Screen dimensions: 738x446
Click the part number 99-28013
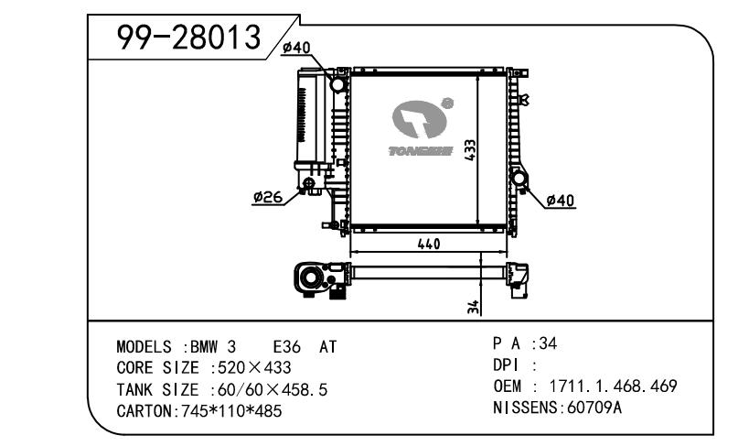tap(188, 38)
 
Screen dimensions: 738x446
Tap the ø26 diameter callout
tap(267, 197)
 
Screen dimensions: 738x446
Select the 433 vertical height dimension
tap(470, 150)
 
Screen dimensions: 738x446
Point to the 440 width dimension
tap(429, 244)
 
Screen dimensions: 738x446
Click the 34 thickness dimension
tap(473, 307)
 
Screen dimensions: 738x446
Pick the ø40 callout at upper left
tap(296, 48)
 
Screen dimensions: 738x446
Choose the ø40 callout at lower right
tap(561, 201)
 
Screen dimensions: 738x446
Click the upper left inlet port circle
tap(338, 84)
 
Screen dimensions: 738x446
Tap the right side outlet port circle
tap(519, 179)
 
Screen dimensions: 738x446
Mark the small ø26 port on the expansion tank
tap(309, 183)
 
